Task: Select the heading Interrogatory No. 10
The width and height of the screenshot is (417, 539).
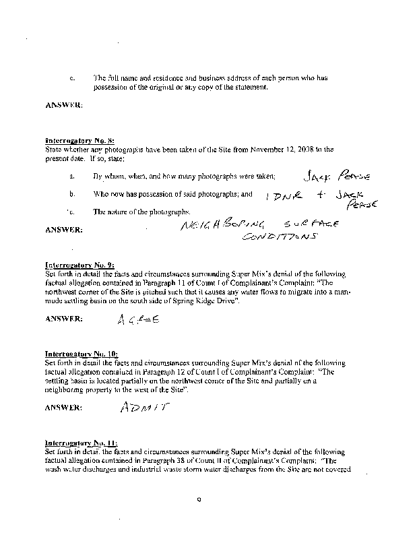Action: (73, 353)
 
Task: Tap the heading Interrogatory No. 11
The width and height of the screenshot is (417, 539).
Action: (73, 443)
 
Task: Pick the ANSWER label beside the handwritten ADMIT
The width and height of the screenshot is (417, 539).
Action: (63, 408)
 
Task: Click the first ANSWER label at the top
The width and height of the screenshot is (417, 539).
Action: (63, 105)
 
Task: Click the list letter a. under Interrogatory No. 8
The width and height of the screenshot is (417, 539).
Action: (71, 177)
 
